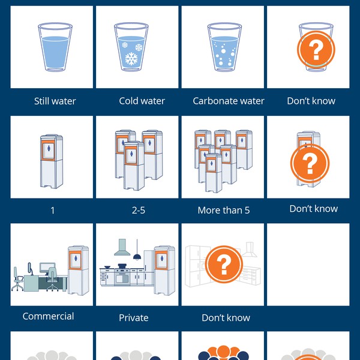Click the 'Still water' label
pyautogui.click(x=55, y=101)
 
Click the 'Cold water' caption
pyautogui.click(x=142, y=101)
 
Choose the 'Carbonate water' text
pyautogui.click(x=228, y=101)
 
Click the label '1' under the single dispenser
pyautogui.click(x=52, y=211)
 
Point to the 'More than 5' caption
pyautogui.click(x=223, y=211)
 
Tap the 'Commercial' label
pyautogui.click(x=48, y=316)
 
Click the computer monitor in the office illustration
pyautogui.click(x=46, y=267)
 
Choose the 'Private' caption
pyautogui.click(x=133, y=317)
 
